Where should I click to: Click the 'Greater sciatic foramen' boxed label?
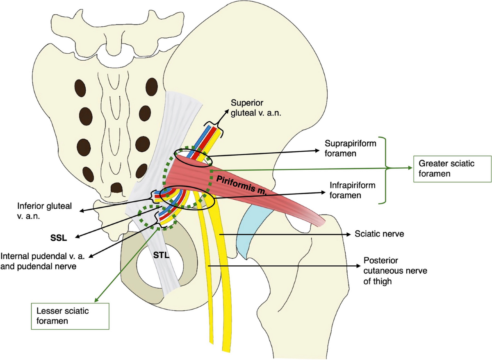(453, 169)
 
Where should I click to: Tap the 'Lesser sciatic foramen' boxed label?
(70, 316)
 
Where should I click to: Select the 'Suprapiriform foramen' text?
(350, 148)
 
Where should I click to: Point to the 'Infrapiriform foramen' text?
(352, 190)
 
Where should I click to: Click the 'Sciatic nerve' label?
(379, 234)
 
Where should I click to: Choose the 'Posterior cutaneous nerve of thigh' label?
(395, 271)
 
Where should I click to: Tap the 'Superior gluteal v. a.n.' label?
(256, 108)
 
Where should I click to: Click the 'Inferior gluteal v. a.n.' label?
(45, 211)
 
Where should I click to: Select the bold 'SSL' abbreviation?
(58, 238)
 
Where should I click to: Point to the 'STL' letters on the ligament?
(161, 255)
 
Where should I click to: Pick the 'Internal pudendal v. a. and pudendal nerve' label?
(43, 261)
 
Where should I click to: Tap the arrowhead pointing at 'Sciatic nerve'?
(349, 235)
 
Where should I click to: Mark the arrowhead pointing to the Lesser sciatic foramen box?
(96, 300)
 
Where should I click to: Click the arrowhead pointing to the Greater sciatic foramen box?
(410, 168)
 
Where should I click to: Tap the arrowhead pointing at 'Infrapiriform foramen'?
(323, 193)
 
